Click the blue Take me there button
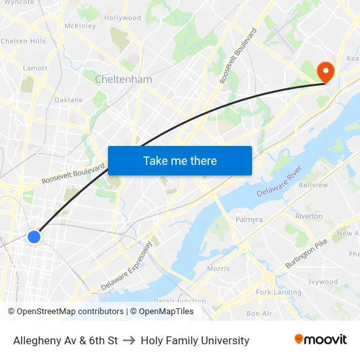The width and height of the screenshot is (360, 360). pyautogui.click(x=179, y=160)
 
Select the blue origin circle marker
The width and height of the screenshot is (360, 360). pyautogui.click(x=34, y=236)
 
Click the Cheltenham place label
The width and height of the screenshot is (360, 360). pyautogui.click(x=123, y=79)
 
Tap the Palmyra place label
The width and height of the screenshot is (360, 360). pyautogui.click(x=248, y=219)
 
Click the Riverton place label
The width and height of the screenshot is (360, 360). pyautogui.click(x=308, y=216)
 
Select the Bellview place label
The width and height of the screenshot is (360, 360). pyautogui.click(x=313, y=185)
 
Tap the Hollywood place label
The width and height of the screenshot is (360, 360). pyautogui.click(x=122, y=18)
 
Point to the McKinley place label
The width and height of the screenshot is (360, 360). pyautogui.click(x=80, y=26)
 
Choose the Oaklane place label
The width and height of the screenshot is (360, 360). pyautogui.click(x=68, y=100)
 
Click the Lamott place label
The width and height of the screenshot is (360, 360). pyautogui.click(x=35, y=67)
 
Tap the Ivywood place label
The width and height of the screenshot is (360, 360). pyautogui.click(x=323, y=282)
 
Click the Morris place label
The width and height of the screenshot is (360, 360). pyautogui.click(x=218, y=268)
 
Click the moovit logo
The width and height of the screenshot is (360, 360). pyautogui.click(x=320, y=340)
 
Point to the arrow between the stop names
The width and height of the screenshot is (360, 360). pyautogui.click(x=129, y=340)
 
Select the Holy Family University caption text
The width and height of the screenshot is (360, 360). pyautogui.click(x=195, y=340)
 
